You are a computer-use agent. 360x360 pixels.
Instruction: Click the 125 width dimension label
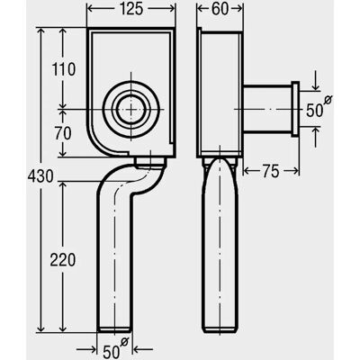(130, 9)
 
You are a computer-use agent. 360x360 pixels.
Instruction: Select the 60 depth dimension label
(220, 9)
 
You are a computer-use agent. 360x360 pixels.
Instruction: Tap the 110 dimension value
(64, 69)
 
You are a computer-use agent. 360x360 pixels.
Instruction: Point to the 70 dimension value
(63, 134)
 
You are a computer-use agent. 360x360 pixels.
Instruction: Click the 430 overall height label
(40, 176)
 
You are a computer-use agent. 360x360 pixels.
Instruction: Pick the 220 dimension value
(63, 260)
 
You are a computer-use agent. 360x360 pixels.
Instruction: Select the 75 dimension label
(271, 172)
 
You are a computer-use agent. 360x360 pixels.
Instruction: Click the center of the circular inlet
(130, 110)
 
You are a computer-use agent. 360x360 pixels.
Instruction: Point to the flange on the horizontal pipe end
(295, 109)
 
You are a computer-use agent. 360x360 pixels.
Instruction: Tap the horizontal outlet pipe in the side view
(267, 109)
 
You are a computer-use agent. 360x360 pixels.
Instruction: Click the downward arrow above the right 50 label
(315, 80)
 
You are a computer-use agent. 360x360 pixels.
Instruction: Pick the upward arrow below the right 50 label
(315, 137)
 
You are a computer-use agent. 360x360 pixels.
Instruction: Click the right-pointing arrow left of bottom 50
(87, 349)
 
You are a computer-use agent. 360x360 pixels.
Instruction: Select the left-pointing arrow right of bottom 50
(142, 349)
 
